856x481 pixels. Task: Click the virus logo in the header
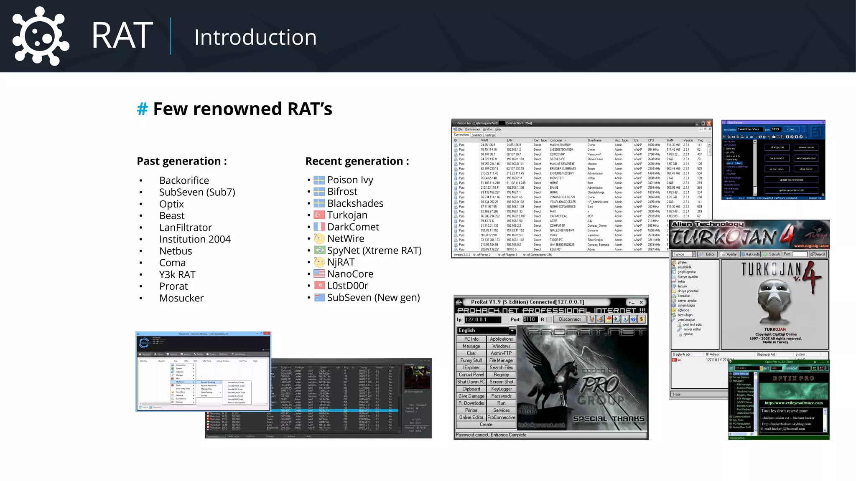point(41,36)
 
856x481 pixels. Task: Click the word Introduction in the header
point(255,37)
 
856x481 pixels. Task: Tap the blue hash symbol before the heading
point(143,109)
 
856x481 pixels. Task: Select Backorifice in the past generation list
point(184,180)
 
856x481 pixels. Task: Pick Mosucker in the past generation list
point(181,298)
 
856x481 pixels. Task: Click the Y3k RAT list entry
point(177,275)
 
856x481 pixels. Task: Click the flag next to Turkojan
point(319,215)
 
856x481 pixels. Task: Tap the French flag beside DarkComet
point(319,227)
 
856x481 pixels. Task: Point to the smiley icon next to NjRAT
point(319,262)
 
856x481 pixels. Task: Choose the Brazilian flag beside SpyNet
point(319,250)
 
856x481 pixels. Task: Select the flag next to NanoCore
point(319,274)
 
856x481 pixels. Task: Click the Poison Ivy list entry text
point(350,180)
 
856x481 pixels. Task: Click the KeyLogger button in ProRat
point(501,389)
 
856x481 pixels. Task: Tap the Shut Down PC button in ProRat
point(471,382)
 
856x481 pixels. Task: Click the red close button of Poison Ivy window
point(709,123)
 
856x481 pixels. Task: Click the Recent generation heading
point(357,161)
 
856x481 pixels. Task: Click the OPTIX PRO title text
point(793,378)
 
